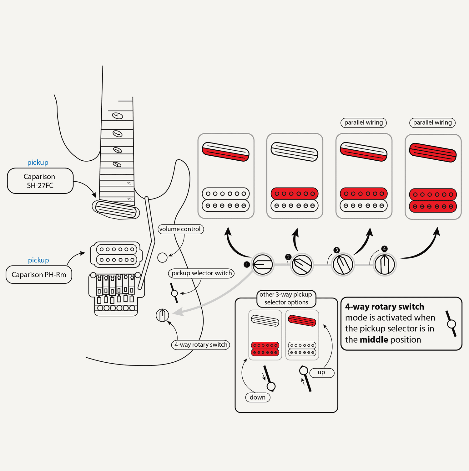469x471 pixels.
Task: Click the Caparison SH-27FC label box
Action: pyautogui.click(x=40, y=181)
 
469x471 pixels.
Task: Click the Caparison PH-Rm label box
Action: pyautogui.click(x=39, y=275)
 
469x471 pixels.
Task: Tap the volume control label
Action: pyautogui.click(x=180, y=229)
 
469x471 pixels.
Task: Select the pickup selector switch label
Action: pyautogui.click(x=201, y=273)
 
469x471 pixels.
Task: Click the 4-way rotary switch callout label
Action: pyautogui.click(x=201, y=344)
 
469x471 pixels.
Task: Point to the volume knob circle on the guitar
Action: pyautogui.click(x=162, y=257)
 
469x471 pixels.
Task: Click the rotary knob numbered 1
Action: pyautogui.click(x=263, y=264)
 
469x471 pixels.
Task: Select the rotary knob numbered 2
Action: pyautogui.click(x=302, y=265)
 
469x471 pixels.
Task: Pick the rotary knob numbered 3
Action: pyautogui.click(x=343, y=265)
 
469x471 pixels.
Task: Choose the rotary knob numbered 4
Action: pyautogui.click(x=385, y=264)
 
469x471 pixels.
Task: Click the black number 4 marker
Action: pyautogui.click(x=384, y=249)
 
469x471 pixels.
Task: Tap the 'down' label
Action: pyautogui.click(x=258, y=397)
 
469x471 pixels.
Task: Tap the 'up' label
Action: pyautogui.click(x=321, y=372)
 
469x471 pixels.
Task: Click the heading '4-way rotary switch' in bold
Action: pyautogui.click(x=385, y=307)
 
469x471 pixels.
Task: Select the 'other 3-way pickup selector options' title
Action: pyautogui.click(x=286, y=298)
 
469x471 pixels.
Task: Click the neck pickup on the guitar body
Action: pyautogui.click(x=116, y=210)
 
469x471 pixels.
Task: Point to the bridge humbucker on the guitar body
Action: pyautogui.click(x=117, y=254)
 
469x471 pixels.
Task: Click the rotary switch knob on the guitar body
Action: pyautogui.click(x=162, y=315)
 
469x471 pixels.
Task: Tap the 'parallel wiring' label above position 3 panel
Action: pyautogui.click(x=363, y=122)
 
